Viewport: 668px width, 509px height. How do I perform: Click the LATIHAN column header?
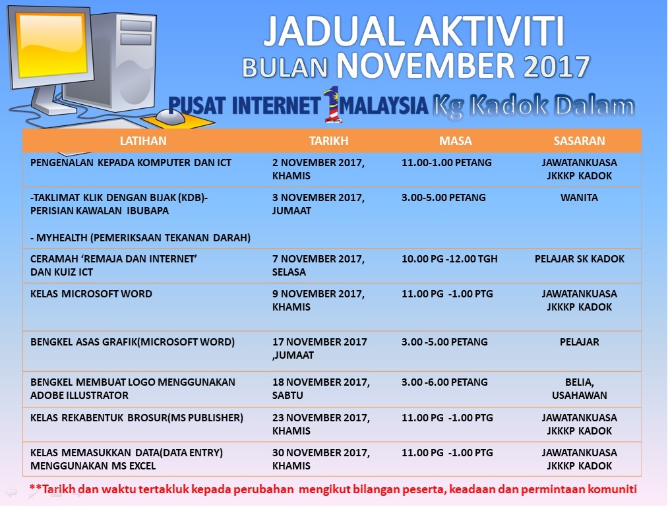[143, 141]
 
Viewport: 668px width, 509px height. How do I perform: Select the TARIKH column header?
[329, 141]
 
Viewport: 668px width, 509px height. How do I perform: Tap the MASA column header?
[456, 141]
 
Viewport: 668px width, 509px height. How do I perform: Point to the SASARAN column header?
[579, 141]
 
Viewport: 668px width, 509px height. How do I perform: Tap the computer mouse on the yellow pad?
[170, 116]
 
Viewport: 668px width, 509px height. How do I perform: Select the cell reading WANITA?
[579, 198]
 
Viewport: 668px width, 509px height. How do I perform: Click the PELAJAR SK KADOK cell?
[580, 259]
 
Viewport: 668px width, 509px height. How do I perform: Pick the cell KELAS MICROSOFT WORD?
[91, 294]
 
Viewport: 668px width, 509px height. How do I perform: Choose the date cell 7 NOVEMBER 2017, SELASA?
[319, 265]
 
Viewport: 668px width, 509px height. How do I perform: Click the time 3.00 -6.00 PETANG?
[444, 382]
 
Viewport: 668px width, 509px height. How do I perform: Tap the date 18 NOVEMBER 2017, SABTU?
[320, 388]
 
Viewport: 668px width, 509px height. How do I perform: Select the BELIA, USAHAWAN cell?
[580, 388]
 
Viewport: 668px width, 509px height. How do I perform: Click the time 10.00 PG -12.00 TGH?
[450, 259]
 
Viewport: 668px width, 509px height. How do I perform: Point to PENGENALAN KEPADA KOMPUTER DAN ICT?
[131, 163]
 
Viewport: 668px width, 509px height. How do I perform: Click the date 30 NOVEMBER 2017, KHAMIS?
[320, 459]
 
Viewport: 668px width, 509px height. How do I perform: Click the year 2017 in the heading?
[557, 67]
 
